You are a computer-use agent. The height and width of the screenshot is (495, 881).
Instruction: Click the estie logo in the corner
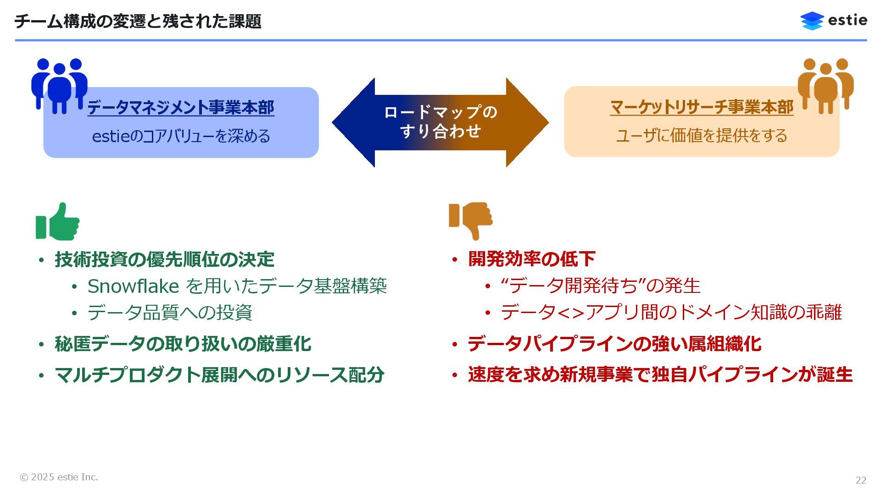(x=833, y=21)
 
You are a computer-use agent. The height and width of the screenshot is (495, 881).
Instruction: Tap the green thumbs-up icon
(x=58, y=222)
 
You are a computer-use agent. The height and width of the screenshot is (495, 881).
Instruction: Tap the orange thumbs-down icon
(x=471, y=220)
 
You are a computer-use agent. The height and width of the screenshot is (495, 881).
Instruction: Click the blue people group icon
(x=59, y=86)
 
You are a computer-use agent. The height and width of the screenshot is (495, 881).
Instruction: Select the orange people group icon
(x=825, y=86)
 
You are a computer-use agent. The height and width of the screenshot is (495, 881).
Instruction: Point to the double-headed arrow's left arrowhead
(x=353, y=122)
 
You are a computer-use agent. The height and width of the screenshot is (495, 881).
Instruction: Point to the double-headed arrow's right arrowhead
(x=528, y=122)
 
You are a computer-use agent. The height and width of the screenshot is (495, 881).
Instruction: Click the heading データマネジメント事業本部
(x=181, y=108)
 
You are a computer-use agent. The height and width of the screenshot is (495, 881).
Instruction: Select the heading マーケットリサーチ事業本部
(x=702, y=107)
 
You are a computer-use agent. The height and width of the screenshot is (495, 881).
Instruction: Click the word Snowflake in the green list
(x=133, y=286)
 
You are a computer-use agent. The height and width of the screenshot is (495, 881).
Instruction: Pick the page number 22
(x=861, y=480)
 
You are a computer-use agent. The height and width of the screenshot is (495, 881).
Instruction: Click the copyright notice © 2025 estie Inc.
(x=59, y=477)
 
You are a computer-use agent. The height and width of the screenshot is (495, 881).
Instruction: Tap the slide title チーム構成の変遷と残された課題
(x=138, y=22)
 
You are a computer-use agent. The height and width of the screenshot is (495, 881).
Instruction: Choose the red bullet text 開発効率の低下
(x=532, y=259)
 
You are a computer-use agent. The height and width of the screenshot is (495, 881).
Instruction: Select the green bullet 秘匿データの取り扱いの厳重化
(x=183, y=344)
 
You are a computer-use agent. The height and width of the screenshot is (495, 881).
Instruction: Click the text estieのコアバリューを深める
(x=181, y=136)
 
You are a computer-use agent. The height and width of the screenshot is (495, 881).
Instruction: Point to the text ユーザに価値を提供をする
(x=702, y=136)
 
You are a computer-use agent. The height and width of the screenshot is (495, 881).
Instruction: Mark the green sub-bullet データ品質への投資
(x=170, y=313)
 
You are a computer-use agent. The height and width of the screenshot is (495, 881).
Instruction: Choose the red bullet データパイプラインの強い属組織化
(x=614, y=344)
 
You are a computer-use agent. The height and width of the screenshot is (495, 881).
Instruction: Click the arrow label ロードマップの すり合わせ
(x=440, y=121)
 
